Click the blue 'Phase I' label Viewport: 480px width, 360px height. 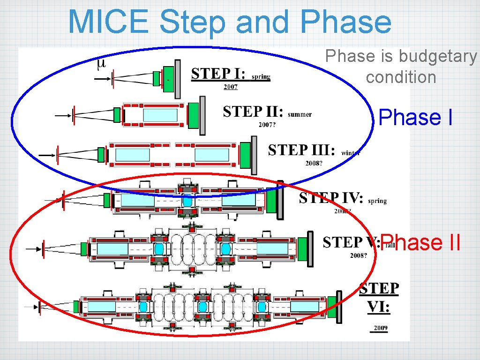(x=415, y=118)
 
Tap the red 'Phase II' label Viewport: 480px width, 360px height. (x=420, y=243)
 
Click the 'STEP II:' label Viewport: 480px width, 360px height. (x=253, y=112)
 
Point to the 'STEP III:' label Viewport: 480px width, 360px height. (x=301, y=150)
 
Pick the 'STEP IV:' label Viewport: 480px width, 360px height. (x=331, y=198)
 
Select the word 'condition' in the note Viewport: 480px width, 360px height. (x=401, y=77)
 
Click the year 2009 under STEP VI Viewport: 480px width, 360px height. (x=380, y=328)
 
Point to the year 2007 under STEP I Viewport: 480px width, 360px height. (x=230, y=87)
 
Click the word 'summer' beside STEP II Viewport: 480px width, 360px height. (x=300, y=114)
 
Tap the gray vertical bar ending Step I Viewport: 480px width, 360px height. (x=177, y=79)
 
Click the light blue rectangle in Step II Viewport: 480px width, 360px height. (x=160, y=115)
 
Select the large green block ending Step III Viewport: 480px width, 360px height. (x=245, y=155)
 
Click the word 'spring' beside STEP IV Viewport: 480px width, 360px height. (x=377, y=201)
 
